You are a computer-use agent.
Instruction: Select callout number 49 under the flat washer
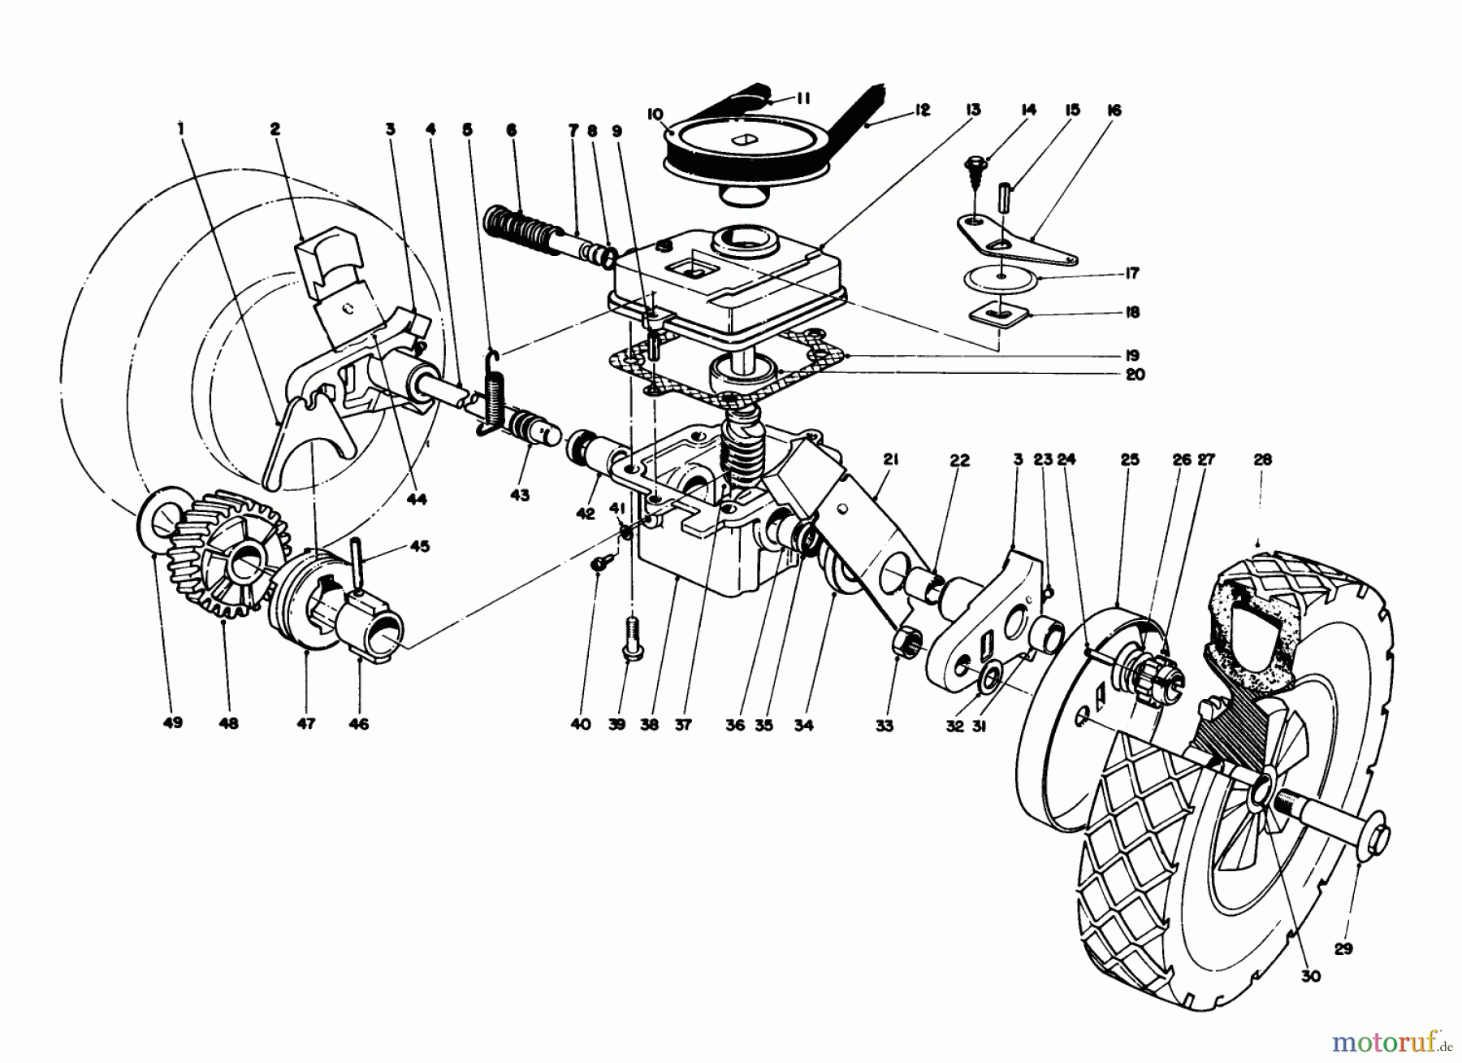click(172, 722)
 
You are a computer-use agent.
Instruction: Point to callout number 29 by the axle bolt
click(1343, 948)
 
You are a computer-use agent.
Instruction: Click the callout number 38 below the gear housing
click(655, 724)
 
